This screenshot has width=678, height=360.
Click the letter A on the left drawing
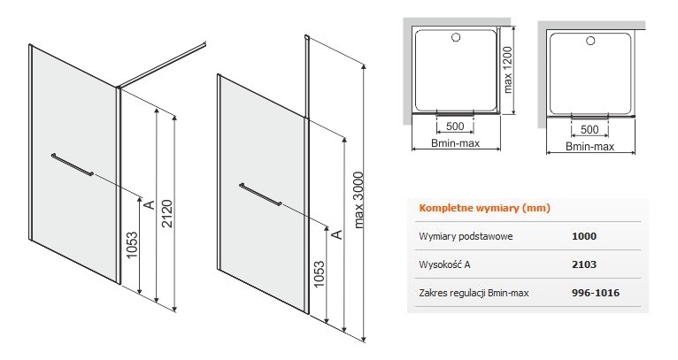pyautogui.click(x=150, y=205)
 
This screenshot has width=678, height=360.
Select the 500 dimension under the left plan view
pyautogui.click(x=456, y=126)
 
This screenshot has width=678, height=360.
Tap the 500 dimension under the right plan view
pyautogui.click(x=590, y=130)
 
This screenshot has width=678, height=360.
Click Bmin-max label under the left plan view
pyautogui.click(x=455, y=145)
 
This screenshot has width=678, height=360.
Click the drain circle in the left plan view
pyautogui.click(x=456, y=38)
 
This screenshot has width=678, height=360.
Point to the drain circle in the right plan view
pyautogui.click(x=590, y=41)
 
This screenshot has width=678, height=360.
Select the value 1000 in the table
pyautogui.click(x=585, y=236)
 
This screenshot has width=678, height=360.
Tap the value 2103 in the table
pyautogui.click(x=585, y=264)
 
